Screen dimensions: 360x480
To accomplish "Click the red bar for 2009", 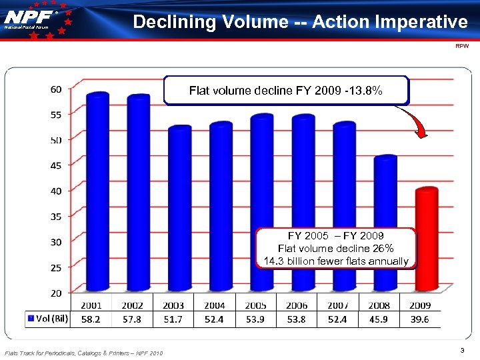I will (426, 240).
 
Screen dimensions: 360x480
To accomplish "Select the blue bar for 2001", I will (97, 193).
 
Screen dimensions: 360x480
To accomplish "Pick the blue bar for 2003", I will (179, 210).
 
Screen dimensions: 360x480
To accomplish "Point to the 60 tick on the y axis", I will (56, 89).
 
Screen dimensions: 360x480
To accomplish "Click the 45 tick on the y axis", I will (56, 165).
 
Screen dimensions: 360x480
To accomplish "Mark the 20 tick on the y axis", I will (56, 293).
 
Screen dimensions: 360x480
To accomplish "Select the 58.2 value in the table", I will (91, 319).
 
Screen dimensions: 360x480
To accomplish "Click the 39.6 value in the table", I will (420, 319).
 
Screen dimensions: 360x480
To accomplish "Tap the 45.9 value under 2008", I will (379, 319).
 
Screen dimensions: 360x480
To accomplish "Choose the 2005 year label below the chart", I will (255, 305).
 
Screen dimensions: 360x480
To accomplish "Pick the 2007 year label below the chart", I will (338, 305).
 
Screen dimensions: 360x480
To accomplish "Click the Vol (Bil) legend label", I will (48, 318).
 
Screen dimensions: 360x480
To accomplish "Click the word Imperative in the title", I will (425, 22).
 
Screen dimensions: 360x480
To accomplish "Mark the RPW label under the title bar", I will (462, 47).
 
